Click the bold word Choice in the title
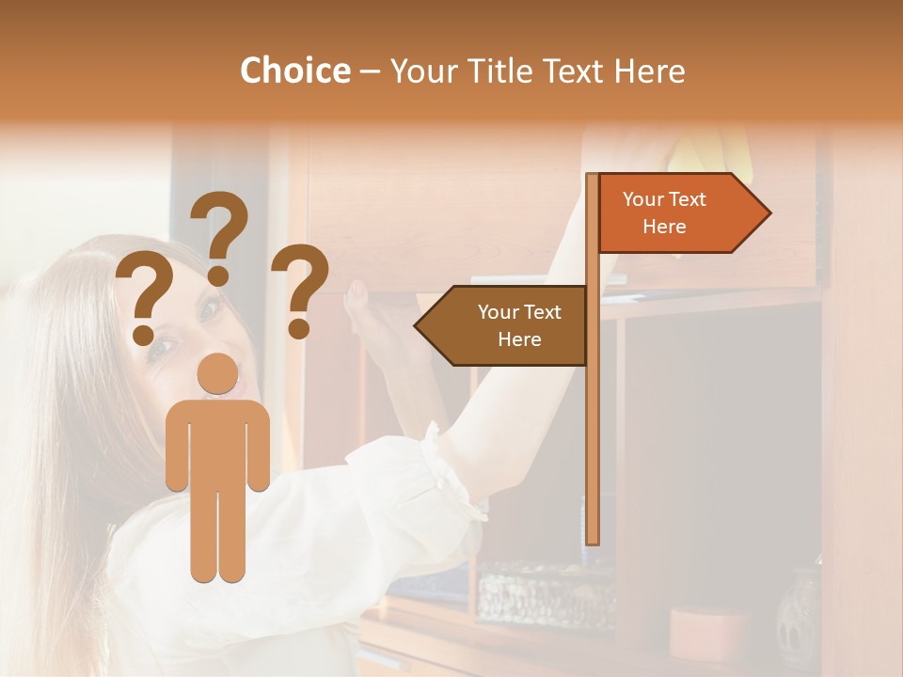(x=294, y=71)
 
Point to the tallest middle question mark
(x=220, y=235)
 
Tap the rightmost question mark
(x=300, y=290)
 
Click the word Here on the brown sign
(x=519, y=339)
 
